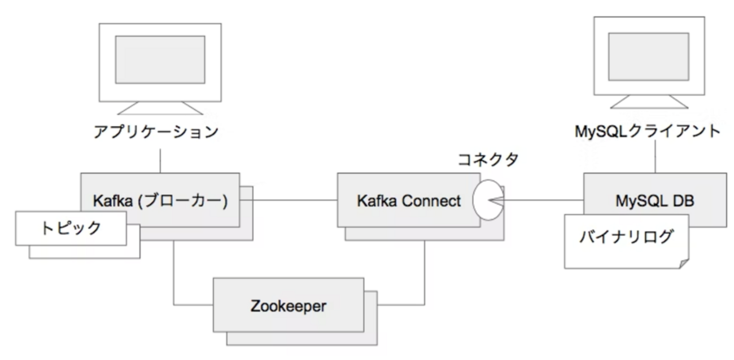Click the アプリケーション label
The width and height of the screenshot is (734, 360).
click(155, 133)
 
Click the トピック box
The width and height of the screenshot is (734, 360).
click(71, 228)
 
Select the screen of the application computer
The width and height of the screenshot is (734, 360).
click(160, 60)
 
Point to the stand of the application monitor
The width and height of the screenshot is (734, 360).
click(160, 108)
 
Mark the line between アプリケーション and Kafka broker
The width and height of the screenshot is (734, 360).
click(160, 161)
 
